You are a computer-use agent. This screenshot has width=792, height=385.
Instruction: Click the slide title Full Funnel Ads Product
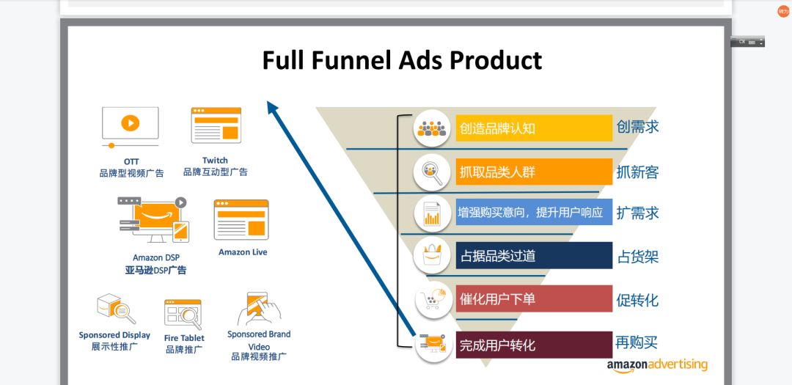(402, 61)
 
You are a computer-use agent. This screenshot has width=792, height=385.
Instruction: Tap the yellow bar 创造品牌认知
(534, 128)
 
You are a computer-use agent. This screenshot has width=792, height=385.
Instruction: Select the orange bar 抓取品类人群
(534, 172)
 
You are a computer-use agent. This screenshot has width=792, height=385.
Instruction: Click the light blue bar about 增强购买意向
(534, 212)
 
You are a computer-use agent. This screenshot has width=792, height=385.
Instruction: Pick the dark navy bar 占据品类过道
(534, 256)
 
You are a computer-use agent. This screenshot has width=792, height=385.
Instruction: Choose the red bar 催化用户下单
(534, 299)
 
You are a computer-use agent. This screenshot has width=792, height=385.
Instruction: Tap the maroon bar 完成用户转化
(534, 345)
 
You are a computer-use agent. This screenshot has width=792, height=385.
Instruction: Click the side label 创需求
(637, 126)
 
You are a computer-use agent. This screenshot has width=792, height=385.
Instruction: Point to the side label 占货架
(638, 257)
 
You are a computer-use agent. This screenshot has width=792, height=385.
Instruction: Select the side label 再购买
(637, 342)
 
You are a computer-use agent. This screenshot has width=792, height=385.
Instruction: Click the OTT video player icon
(131, 127)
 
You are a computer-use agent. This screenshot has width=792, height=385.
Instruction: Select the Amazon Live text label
(243, 252)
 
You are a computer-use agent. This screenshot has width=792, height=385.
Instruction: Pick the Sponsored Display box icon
(116, 309)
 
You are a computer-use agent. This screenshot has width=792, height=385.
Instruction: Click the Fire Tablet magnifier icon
(183, 314)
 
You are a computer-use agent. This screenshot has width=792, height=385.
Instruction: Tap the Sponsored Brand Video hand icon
(259, 309)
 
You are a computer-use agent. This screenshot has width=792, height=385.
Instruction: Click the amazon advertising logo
(657, 367)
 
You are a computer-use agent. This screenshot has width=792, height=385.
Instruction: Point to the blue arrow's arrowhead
(273, 107)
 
